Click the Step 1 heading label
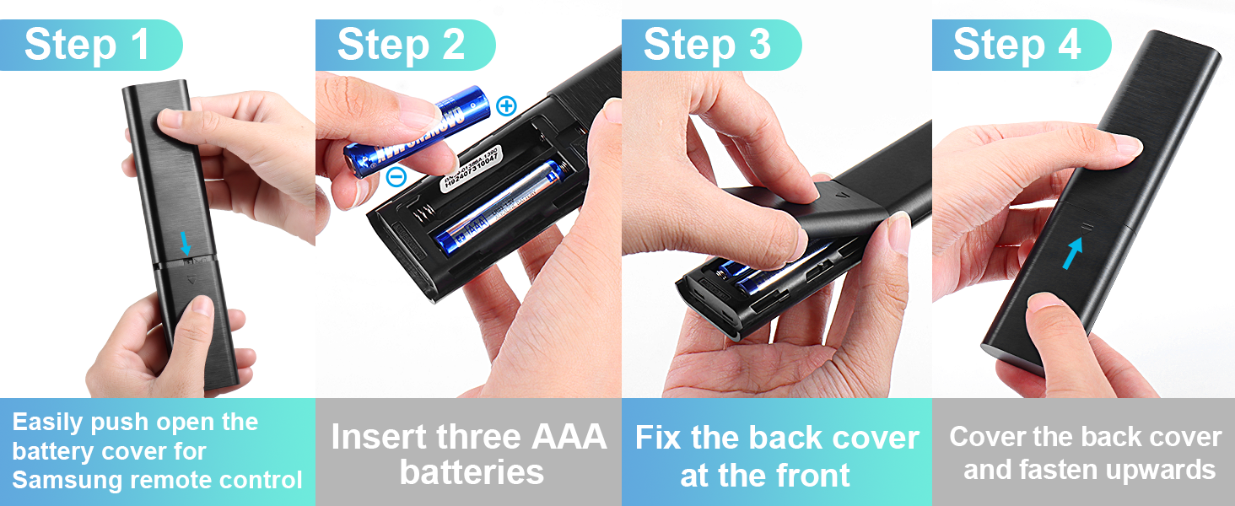87,45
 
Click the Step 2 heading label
402,45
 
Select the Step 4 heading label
1017,45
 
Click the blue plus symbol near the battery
505,105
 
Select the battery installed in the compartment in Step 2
498,208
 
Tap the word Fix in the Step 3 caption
659,438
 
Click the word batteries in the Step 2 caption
472,472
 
